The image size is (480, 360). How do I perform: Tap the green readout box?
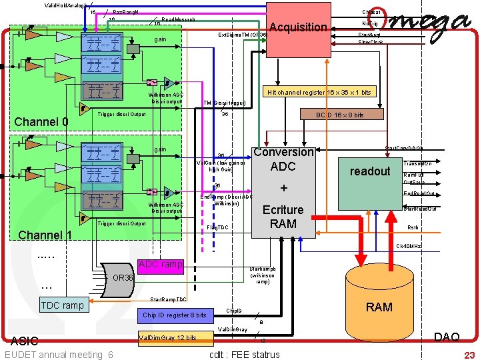[369, 171]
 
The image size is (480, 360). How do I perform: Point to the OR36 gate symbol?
[120, 277]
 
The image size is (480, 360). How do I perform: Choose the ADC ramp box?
[160, 264]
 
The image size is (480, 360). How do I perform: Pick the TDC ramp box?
[62, 305]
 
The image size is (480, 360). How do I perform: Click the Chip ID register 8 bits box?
[175, 315]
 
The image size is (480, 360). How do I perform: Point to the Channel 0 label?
[41, 122]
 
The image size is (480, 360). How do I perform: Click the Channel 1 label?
[45, 235]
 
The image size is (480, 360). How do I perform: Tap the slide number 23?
[469, 355]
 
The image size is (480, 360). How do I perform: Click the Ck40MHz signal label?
[408, 247]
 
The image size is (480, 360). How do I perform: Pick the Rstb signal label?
[413, 227]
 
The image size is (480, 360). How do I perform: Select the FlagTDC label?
[218, 228]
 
